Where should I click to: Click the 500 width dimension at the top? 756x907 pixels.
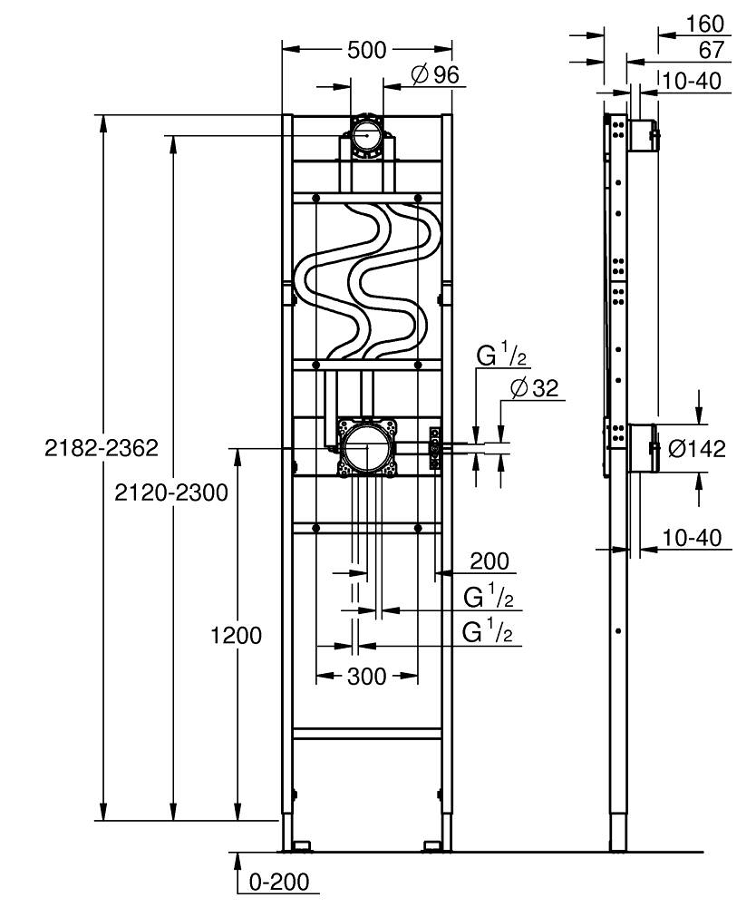pyautogui.click(x=367, y=51)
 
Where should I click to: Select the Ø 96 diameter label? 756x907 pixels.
pyautogui.click(x=435, y=75)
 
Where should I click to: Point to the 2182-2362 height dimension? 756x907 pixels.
pyautogui.click(x=102, y=448)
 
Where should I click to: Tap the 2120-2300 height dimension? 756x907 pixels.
pyautogui.click(x=171, y=493)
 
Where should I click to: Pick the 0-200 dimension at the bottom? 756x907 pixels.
pyautogui.click(x=278, y=881)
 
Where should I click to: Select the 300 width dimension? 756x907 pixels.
pyautogui.click(x=367, y=676)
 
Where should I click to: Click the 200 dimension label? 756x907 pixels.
pyautogui.click(x=489, y=561)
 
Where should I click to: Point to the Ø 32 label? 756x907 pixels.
pyautogui.click(x=534, y=388)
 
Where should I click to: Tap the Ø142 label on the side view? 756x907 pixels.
pyautogui.click(x=697, y=448)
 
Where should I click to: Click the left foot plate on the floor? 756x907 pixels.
pyautogui.click(x=299, y=847)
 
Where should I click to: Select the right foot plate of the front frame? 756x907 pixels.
pyautogui.click(x=435, y=847)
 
